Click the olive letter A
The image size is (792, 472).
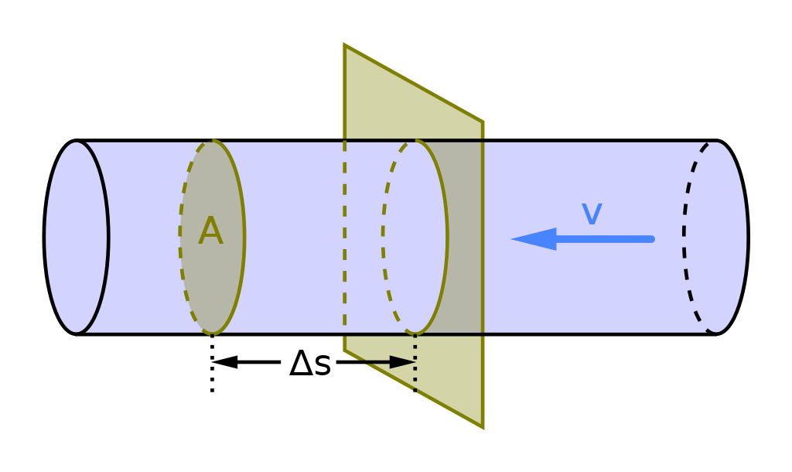coord(210,232)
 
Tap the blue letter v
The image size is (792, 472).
coord(592,214)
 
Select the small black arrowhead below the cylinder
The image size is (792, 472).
coord(401,362)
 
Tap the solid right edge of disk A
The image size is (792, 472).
coord(243,236)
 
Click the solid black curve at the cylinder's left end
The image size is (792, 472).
coord(107,236)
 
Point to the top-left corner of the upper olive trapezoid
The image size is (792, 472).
coord(344,44)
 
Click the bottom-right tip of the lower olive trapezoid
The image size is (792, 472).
coord(483,428)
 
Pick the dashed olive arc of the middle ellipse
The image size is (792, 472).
coord(384,232)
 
